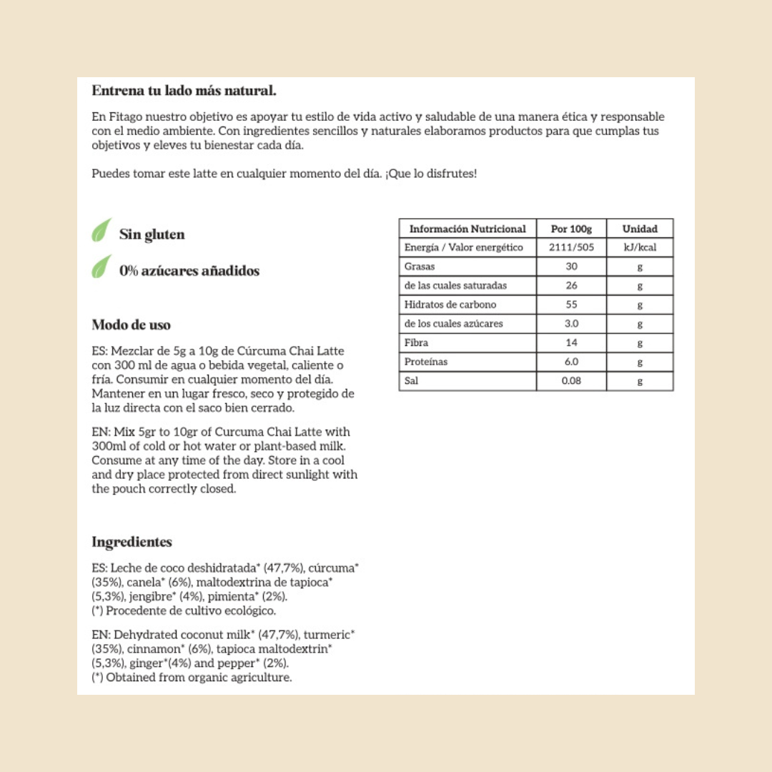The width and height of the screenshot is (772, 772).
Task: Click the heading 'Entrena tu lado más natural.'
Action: click(184, 91)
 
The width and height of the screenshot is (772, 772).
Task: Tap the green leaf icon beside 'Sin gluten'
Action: click(101, 230)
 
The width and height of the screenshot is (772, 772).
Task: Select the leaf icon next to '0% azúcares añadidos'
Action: click(101, 267)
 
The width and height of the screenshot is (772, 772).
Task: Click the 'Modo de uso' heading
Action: click(131, 325)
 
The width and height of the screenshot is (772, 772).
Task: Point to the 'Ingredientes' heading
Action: click(132, 542)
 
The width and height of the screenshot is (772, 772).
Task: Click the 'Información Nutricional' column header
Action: click(467, 229)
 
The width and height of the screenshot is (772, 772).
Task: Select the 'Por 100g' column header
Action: click(571, 229)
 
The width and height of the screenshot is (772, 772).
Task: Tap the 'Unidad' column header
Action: click(640, 229)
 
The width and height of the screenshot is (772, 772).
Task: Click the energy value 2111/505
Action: click(571, 247)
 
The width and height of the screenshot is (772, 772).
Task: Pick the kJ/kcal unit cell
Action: click(640, 247)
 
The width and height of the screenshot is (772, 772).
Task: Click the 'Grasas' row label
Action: click(420, 267)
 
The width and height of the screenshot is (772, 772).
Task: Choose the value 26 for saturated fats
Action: click(571, 285)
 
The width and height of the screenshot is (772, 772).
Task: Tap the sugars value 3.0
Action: click(571, 324)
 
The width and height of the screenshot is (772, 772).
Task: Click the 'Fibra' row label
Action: click(416, 343)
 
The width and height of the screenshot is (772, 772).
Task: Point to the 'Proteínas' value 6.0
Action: click(571, 362)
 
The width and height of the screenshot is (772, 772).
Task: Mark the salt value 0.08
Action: click(571, 381)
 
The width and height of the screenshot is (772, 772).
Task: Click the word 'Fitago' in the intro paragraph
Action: click(123, 117)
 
